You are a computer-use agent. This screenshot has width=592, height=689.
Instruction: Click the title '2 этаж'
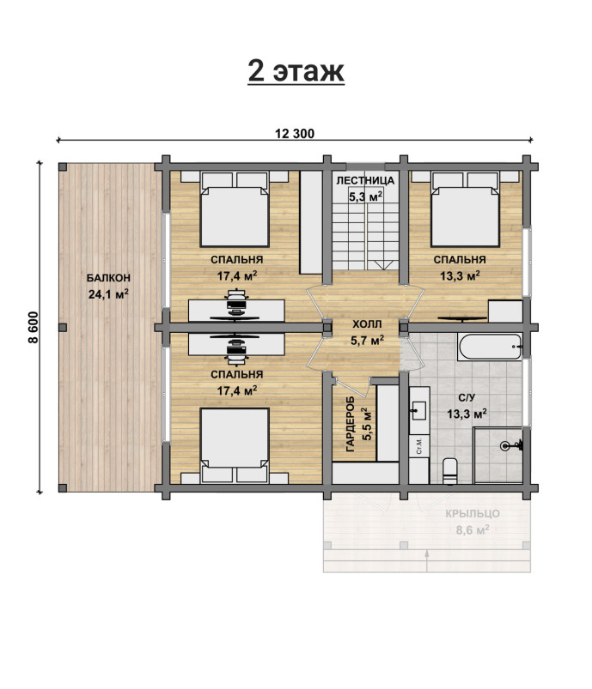click(296, 70)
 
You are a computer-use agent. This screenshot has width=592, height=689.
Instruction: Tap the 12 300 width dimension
click(295, 134)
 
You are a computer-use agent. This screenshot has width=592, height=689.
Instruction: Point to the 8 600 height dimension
click(33, 327)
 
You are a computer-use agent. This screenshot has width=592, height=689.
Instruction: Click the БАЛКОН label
click(108, 278)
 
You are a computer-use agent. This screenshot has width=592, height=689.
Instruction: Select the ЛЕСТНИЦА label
click(365, 180)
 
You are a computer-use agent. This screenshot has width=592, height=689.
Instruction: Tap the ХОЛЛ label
click(367, 324)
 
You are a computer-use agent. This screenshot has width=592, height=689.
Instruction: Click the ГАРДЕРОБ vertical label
click(351, 424)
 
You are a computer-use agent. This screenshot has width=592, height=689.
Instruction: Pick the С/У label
click(467, 397)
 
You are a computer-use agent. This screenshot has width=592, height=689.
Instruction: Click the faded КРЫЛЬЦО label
click(473, 514)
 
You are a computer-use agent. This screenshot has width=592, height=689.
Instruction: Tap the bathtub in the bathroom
click(491, 347)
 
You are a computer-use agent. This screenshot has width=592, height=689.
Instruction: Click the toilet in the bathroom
click(450, 471)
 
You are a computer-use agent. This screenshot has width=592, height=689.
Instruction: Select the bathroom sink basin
click(420, 410)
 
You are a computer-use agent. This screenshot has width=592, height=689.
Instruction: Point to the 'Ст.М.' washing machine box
click(419, 446)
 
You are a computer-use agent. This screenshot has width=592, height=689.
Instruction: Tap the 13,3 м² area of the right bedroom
click(460, 275)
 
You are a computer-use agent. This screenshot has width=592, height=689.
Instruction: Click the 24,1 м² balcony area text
click(108, 294)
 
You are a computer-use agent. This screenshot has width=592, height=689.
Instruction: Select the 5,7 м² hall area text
click(367, 340)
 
